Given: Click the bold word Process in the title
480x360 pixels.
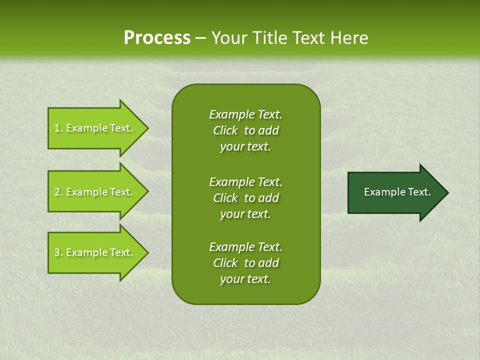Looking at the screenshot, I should point(157,38).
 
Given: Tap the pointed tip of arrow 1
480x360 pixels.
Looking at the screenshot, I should point(146,128).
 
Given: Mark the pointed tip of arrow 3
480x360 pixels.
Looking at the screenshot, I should point(146,252).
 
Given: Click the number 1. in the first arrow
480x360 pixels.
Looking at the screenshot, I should point(58,128).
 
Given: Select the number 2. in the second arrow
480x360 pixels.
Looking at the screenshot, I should point(58,192).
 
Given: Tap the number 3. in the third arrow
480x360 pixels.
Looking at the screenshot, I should point(58,252).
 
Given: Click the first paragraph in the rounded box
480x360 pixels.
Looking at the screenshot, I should point(245,130).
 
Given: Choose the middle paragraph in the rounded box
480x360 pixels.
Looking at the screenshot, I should point(245,197).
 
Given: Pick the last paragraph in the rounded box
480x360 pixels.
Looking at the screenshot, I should point(245,263).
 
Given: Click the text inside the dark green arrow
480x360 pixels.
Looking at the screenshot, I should point(397,192).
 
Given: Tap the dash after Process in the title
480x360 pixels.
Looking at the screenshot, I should point(200,38).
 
